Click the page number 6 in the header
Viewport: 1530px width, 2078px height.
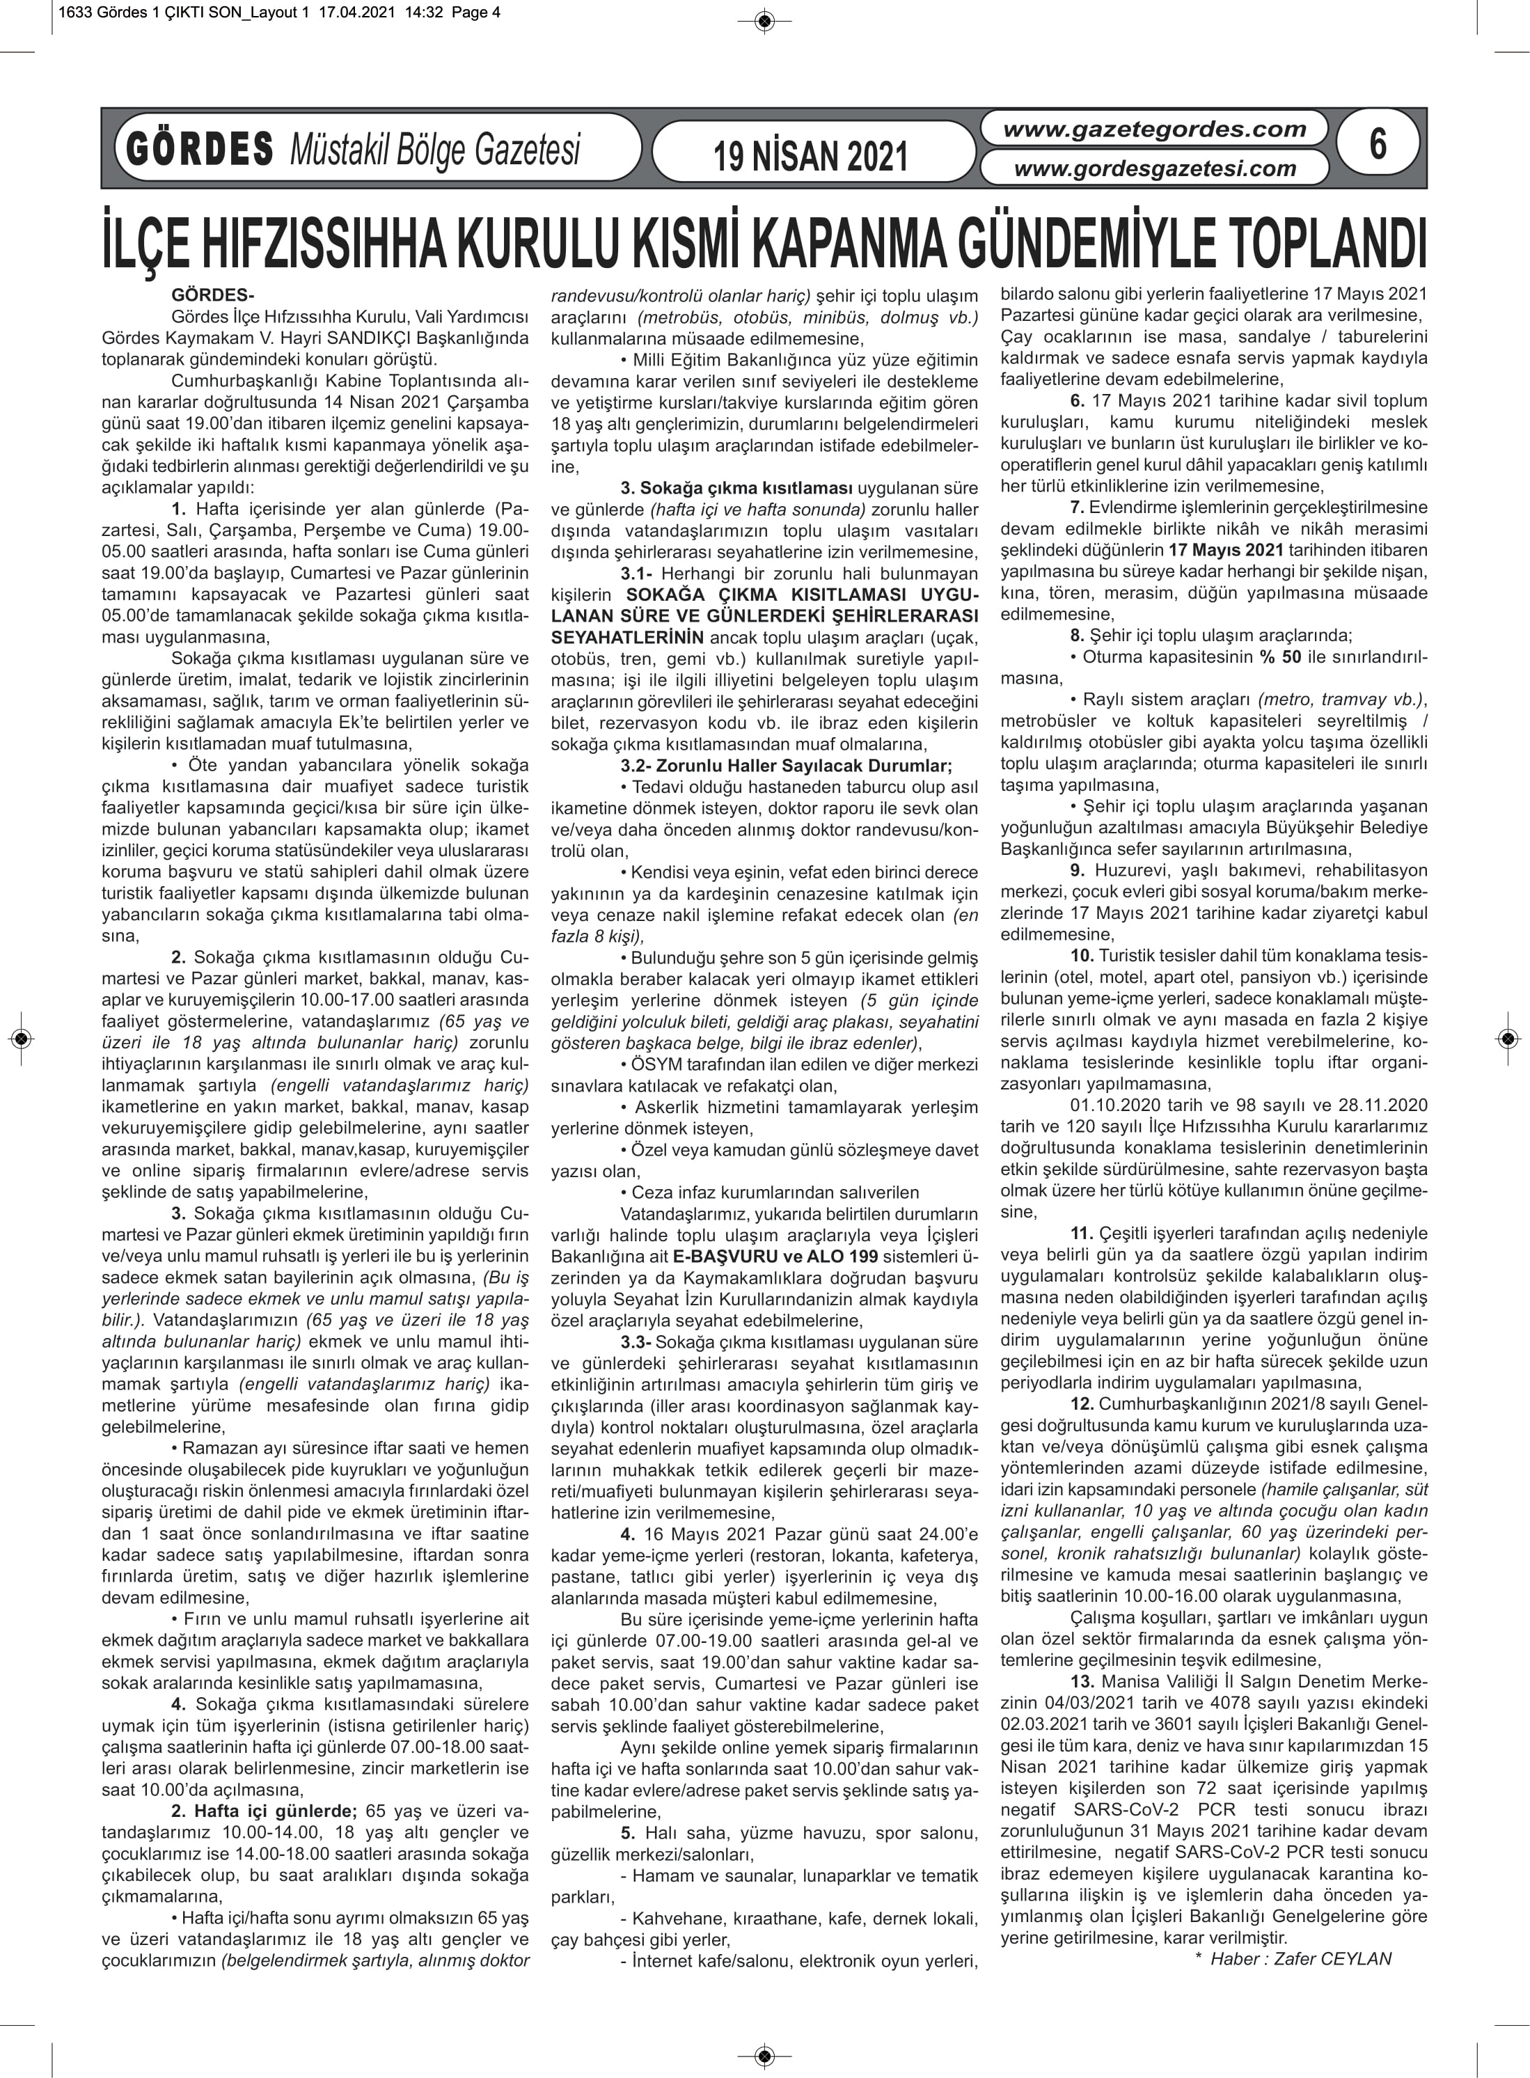point(1377,146)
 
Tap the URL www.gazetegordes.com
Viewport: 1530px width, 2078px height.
point(1154,129)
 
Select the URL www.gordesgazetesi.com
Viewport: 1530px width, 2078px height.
point(1154,168)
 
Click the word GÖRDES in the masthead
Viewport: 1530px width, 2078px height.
point(200,149)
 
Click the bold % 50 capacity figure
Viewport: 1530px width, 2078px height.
point(1279,657)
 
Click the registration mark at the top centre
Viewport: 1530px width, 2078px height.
point(765,20)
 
